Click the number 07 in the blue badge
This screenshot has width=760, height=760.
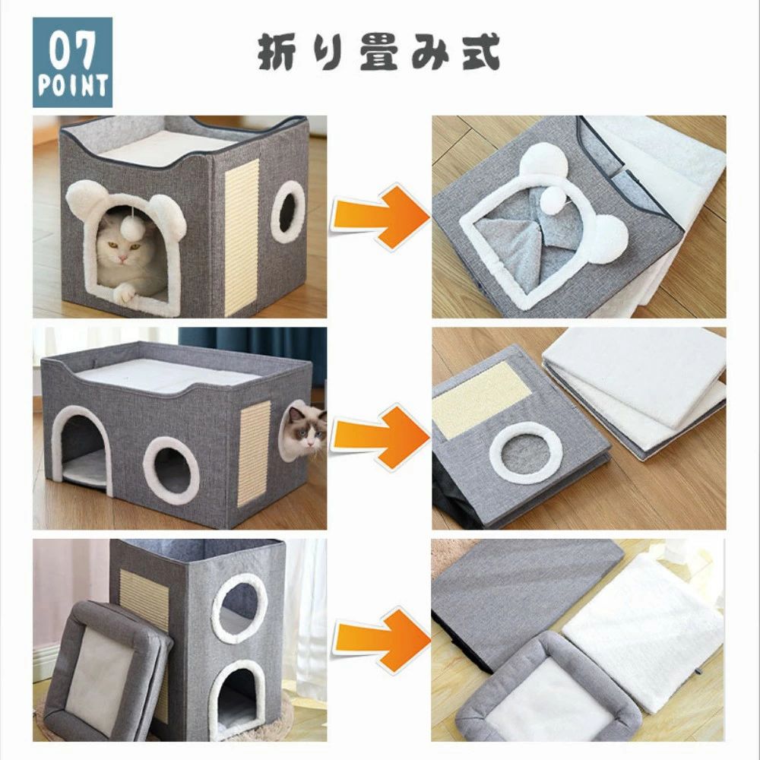point(71,52)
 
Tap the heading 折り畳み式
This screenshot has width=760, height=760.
point(378,52)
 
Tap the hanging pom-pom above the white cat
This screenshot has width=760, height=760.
point(131,226)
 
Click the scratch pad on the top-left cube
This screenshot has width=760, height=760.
point(242,237)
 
